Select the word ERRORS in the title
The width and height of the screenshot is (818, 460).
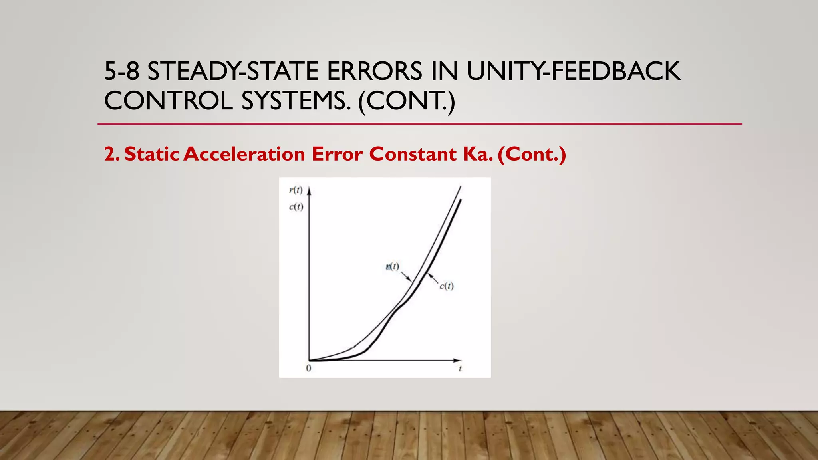tap(374, 71)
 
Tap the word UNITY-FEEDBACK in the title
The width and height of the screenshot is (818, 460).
tap(573, 71)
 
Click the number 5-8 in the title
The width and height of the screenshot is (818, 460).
tap(121, 71)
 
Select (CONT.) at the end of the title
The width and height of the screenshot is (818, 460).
tap(407, 101)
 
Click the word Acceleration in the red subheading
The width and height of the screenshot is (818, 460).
tap(244, 154)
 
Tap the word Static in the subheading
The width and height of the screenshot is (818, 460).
tap(152, 154)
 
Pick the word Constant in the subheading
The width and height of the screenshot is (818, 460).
tap(413, 154)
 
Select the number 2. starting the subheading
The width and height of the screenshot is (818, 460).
tap(111, 154)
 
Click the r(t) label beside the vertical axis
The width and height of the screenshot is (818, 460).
tap(296, 190)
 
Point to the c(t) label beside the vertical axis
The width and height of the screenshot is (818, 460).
tap(296, 207)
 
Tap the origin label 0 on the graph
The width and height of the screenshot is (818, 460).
tap(308, 368)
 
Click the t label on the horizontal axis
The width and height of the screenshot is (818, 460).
tap(460, 369)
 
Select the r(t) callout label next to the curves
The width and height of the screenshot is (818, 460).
tap(393, 266)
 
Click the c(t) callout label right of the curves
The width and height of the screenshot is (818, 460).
tap(447, 286)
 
